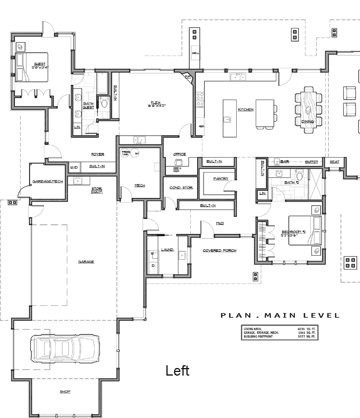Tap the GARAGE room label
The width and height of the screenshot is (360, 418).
tap(86, 262)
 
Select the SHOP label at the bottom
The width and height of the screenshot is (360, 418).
tap(65, 392)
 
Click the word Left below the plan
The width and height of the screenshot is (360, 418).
tap(178, 371)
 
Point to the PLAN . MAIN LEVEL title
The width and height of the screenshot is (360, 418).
tap(280, 316)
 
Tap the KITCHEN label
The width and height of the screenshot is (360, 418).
tap(246, 110)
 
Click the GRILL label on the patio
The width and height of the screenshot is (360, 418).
tap(196, 53)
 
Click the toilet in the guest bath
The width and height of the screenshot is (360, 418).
tap(105, 103)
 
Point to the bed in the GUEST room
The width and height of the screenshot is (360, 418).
tap(32, 67)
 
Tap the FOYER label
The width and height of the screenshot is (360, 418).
tap(98, 154)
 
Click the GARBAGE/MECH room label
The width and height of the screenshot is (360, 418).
tap(48, 181)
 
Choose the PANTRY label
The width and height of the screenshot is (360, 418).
tap(220, 178)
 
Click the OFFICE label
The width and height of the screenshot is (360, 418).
tap(179, 154)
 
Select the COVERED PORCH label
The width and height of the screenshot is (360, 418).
tap(220, 250)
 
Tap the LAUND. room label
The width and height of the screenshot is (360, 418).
tap(167, 250)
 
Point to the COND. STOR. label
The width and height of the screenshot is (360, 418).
tap(181, 188)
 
